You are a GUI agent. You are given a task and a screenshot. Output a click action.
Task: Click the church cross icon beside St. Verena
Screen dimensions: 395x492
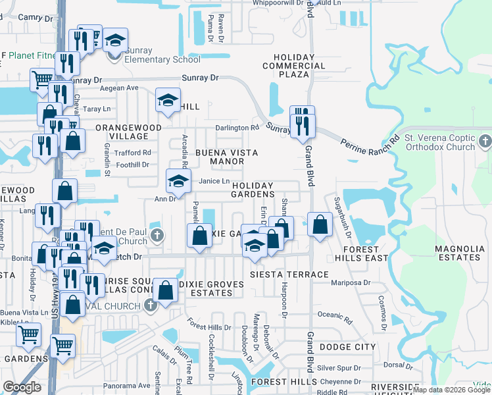(485, 140)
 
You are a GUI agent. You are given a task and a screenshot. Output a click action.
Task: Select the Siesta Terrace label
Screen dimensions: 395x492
(289, 274)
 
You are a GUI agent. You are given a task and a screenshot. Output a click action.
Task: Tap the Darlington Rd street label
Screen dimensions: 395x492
(238, 128)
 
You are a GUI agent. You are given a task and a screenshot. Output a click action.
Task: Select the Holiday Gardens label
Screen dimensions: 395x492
(253, 190)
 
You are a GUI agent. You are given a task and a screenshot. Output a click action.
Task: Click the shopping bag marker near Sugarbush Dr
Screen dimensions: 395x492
(320, 224)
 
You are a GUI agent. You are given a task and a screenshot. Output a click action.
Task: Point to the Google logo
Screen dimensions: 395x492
(22, 387)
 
